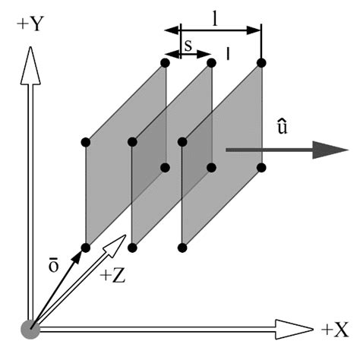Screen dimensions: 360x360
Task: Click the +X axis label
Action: [335, 330]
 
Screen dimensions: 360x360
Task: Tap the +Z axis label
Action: [113, 275]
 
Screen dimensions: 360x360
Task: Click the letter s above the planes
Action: [188, 46]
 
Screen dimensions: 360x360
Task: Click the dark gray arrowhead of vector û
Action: [330, 149]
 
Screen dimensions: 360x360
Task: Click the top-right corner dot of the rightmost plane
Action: [261, 62]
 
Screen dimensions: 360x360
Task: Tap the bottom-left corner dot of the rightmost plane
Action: [182, 248]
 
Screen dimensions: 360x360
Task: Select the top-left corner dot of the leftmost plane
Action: [85, 142]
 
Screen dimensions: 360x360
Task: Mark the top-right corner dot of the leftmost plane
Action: [165, 62]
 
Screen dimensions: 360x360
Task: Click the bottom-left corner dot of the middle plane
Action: [132, 248]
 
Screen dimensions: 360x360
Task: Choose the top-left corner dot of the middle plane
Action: [132, 142]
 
